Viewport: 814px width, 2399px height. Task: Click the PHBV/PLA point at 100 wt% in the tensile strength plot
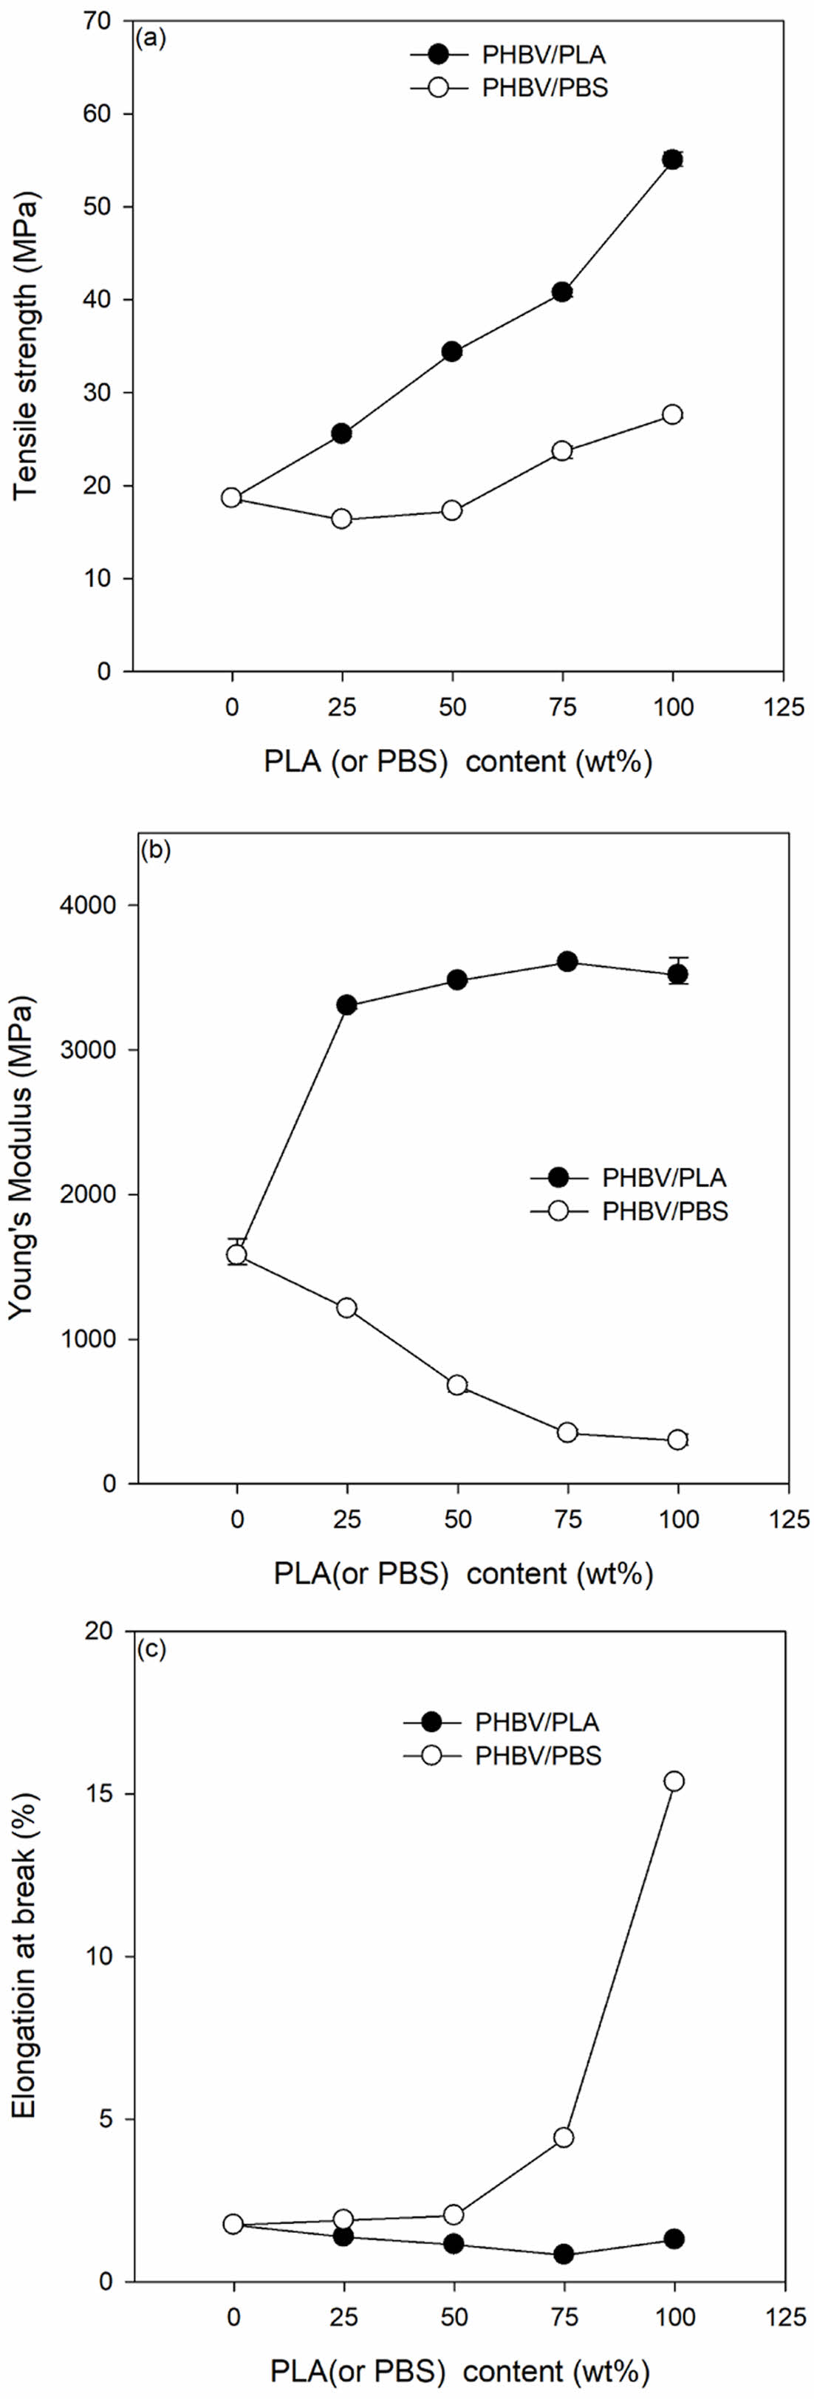pyautogui.click(x=671, y=160)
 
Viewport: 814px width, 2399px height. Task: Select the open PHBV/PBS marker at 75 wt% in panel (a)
pyautogui.click(x=561, y=451)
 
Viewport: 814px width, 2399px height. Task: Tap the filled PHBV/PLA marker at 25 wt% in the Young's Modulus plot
pyautogui.click(x=346, y=1005)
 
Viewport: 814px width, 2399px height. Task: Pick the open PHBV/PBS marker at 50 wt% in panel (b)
pyautogui.click(x=456, y=1385)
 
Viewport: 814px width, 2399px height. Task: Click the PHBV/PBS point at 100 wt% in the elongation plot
pyautogui.click(x=674, y=1782)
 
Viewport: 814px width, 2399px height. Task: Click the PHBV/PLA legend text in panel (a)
pyautogui.click(x=544, y=55)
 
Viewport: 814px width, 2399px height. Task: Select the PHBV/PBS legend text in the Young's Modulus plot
pyautogui.click(x=665, y=1211)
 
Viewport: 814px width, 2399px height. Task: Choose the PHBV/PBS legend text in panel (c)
pyautogui.click(x=538, y=1756)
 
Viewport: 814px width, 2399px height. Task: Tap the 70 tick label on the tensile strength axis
pyautogui.click(x=97, y=21)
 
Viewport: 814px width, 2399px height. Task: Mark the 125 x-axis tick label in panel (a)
pyautogui.click(x=783, y=707)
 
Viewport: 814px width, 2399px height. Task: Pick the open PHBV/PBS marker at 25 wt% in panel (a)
pyautogui.click(x=342, y=519)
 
